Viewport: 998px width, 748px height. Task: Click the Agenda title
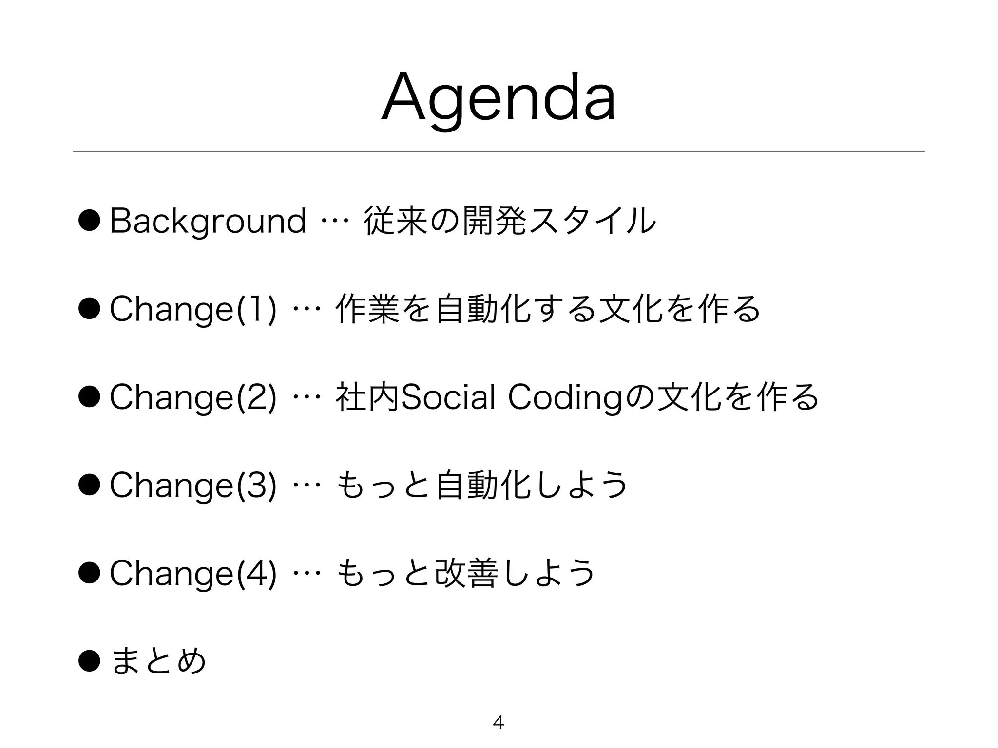click(498, 100)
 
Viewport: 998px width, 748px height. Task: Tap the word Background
click(208, 222)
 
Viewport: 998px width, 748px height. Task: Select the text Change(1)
click(193, 310)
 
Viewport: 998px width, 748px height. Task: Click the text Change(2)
click(193, 397)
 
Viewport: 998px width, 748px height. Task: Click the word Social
click(447, 397)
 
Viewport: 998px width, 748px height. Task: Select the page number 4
click(498, 722)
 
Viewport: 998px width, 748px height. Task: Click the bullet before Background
click(89, 222)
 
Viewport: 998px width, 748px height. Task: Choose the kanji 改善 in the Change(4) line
click(466, 573)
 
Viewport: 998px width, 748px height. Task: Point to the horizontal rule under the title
click(498, 151)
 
